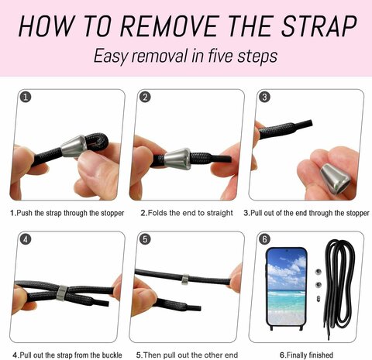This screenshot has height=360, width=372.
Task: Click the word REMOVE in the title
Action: coord(170,26)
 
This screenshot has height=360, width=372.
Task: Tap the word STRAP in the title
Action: coord(319,26)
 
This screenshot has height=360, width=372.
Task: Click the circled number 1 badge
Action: coord(26,97)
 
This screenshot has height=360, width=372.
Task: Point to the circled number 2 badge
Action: coord(145,97)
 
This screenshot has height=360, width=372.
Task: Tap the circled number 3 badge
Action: coord(264,97)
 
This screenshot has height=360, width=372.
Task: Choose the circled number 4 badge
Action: coord(26,239)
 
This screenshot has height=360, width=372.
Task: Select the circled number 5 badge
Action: coord(145,239)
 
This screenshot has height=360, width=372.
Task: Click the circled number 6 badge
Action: coord(264,239)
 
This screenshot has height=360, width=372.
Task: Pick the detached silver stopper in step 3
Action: coord(335,179)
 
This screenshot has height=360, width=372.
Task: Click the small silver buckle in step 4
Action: coord(62,293)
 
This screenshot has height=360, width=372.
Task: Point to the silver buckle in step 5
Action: coord(185,279)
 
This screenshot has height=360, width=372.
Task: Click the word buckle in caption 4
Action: coord(112,355)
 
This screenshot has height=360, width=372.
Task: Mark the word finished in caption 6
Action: coord(320,355)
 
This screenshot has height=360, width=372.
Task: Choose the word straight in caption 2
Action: coord(220,213)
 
